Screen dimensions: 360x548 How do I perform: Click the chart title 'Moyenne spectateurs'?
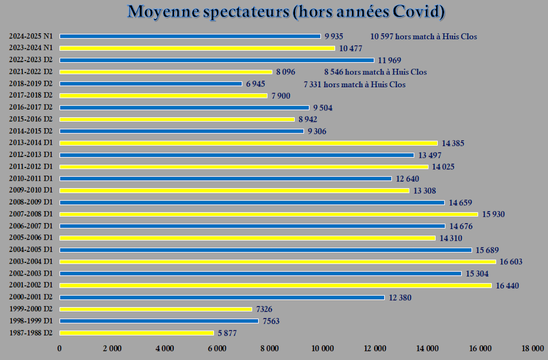pos(286,12)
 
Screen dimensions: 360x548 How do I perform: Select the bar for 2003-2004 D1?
pos(278,262)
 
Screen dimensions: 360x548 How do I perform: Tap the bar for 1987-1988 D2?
pos(137,333)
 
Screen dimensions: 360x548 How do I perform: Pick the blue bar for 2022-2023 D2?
pos(216,60)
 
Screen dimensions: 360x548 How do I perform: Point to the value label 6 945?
pos(255,84)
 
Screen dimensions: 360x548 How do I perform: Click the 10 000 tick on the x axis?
pos(322,348)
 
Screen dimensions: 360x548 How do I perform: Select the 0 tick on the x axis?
pos(59,348)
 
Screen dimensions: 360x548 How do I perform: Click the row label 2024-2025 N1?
pos(31,37)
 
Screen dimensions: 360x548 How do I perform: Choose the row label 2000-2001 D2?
pos(31,297)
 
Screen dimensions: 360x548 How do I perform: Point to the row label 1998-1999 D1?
pos(31,321)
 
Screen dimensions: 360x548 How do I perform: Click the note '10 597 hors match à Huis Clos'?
pos(423,37)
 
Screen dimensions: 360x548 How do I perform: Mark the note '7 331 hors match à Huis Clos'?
pos(354,84)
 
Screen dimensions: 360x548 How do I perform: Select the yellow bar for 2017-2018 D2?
pos(163,96)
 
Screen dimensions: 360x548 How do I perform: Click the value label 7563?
pos(271,321)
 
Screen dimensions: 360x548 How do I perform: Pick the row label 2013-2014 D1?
pos(31,143)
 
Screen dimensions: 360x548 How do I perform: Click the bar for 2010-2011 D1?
pos(226,179)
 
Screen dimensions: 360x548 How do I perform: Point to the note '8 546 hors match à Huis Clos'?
pos(375,72)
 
